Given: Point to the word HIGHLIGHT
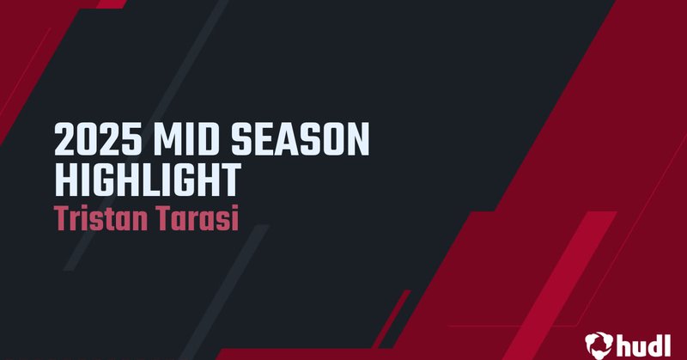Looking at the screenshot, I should (147, 180).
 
